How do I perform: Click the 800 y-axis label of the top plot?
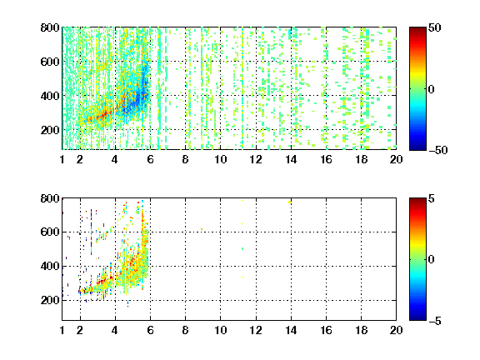tap(50, 27)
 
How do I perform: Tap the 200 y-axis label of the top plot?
tap(50, 130)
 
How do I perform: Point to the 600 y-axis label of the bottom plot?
tap(50, 232)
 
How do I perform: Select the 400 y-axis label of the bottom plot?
tap(50, 266)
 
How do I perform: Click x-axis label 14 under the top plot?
tap(291, 159)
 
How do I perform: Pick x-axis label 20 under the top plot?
tap(396, 159)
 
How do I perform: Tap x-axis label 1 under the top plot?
tap(62, 159)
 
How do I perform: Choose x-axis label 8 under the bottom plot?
tap(185, 330)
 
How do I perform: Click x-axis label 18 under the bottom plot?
tap(361, 330)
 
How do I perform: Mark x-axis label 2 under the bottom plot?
tap(80, 330)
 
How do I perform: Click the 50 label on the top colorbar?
tap(434, 27)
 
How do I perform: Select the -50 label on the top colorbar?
tap(438, 150)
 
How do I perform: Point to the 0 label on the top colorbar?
tap(432, 89)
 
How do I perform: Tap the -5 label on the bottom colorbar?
tap(435, 321)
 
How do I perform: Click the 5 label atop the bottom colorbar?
tap(432, 198)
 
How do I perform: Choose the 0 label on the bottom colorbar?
tap(432, 260)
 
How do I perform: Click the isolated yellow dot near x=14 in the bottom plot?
tap(290, 202)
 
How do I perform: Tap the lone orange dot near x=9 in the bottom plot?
tap(202, 229)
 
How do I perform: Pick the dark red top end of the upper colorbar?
tap(417, 30)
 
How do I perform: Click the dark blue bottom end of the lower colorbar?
tap(417, 317)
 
